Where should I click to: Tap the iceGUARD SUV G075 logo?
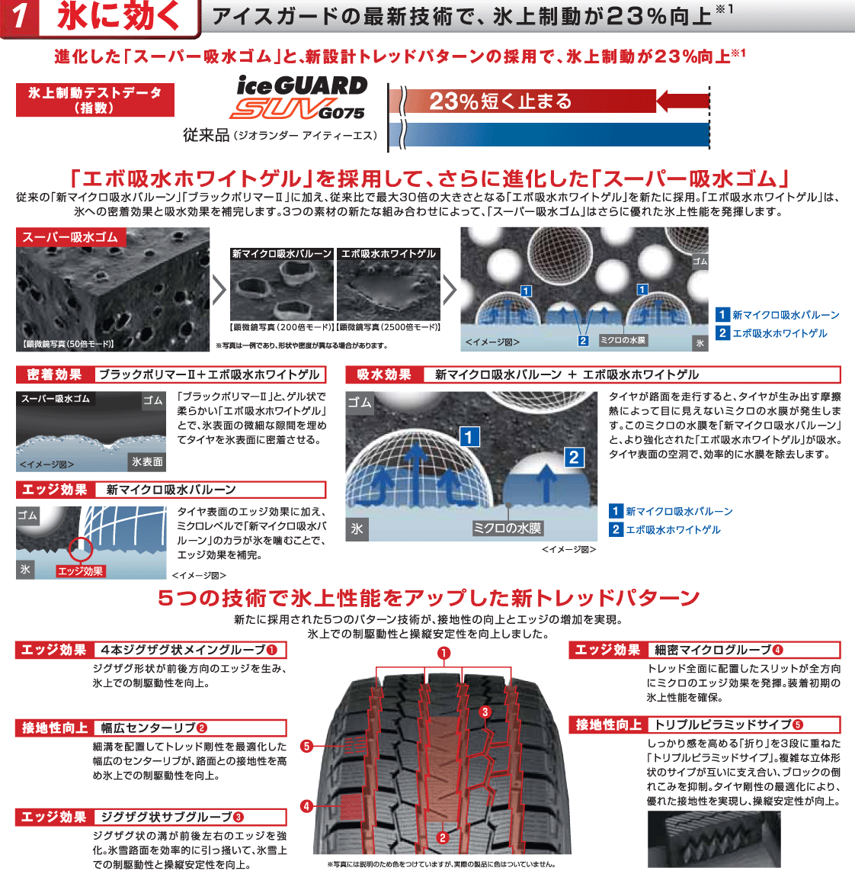(300, 98)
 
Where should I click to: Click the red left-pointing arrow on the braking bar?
(682, 101)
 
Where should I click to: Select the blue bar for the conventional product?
(549, 135)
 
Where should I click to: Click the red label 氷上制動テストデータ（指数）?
(95, 100)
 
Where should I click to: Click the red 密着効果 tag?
(54, 374)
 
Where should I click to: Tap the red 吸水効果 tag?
(384, 374)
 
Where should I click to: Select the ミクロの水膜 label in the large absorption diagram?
(507, 528)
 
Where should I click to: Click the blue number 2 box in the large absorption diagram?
(574, 457)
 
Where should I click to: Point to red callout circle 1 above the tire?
(444, 653)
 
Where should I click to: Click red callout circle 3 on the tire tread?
(485, 712)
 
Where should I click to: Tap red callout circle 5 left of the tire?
(306, 746)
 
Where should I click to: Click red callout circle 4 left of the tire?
(306, 805)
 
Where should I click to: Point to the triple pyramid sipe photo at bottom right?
(714, 839)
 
